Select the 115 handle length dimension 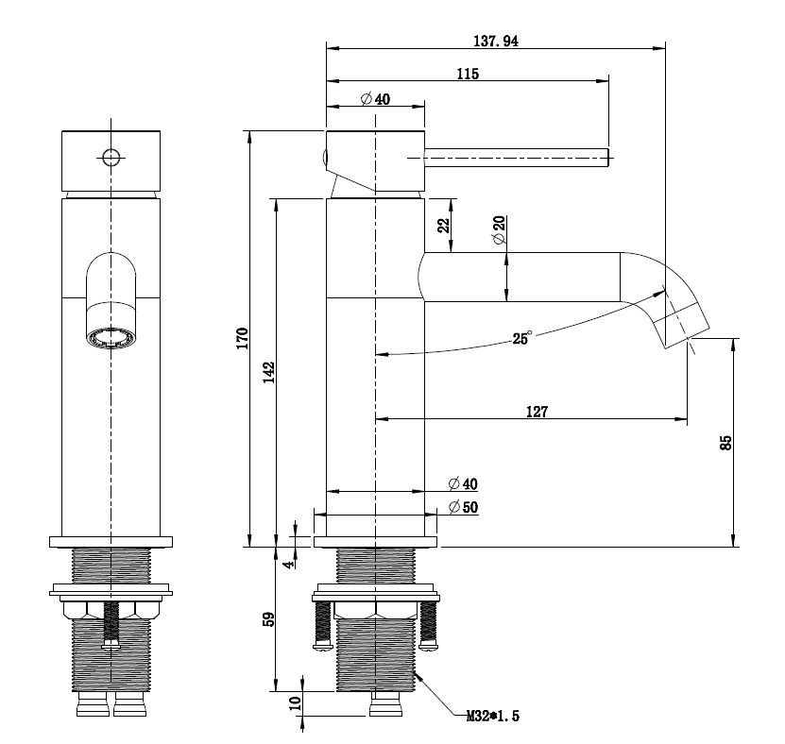tap(467, 74)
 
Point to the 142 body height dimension tap(268, 370)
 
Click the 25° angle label tap(521, 337)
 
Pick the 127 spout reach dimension tap(538, 411)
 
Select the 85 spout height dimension tap(725, 442)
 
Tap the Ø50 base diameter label tap(464, 508)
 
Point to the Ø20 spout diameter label tap(498, 230)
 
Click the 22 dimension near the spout tap(443, 227)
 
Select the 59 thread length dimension tap(268, 619)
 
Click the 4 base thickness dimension tap(289, 564)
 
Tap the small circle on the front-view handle tap(111, 157)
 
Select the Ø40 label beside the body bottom tap(464, 483)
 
